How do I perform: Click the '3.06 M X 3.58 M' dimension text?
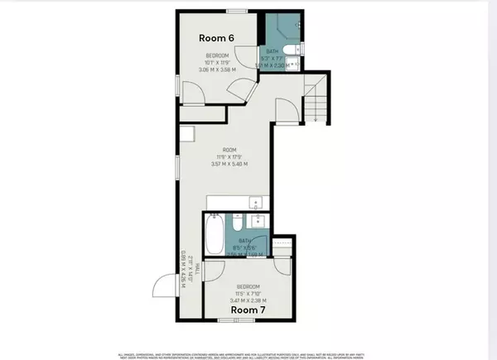pyautogui.click(x=218, y=70)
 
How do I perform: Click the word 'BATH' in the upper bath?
pyautogui.click(x=277, y=49)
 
